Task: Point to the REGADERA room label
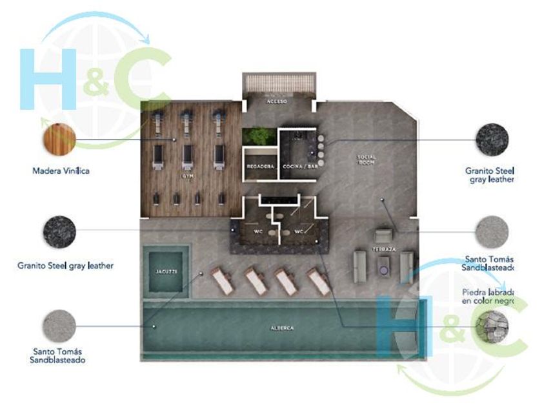tap(261, 167)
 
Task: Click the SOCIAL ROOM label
tap(366, 160)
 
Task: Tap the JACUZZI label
tap(166, 272)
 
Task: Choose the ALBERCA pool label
tap(282, 328)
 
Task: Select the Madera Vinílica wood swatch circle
tap(59, 140)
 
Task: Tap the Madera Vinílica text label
tap(61, 171)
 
